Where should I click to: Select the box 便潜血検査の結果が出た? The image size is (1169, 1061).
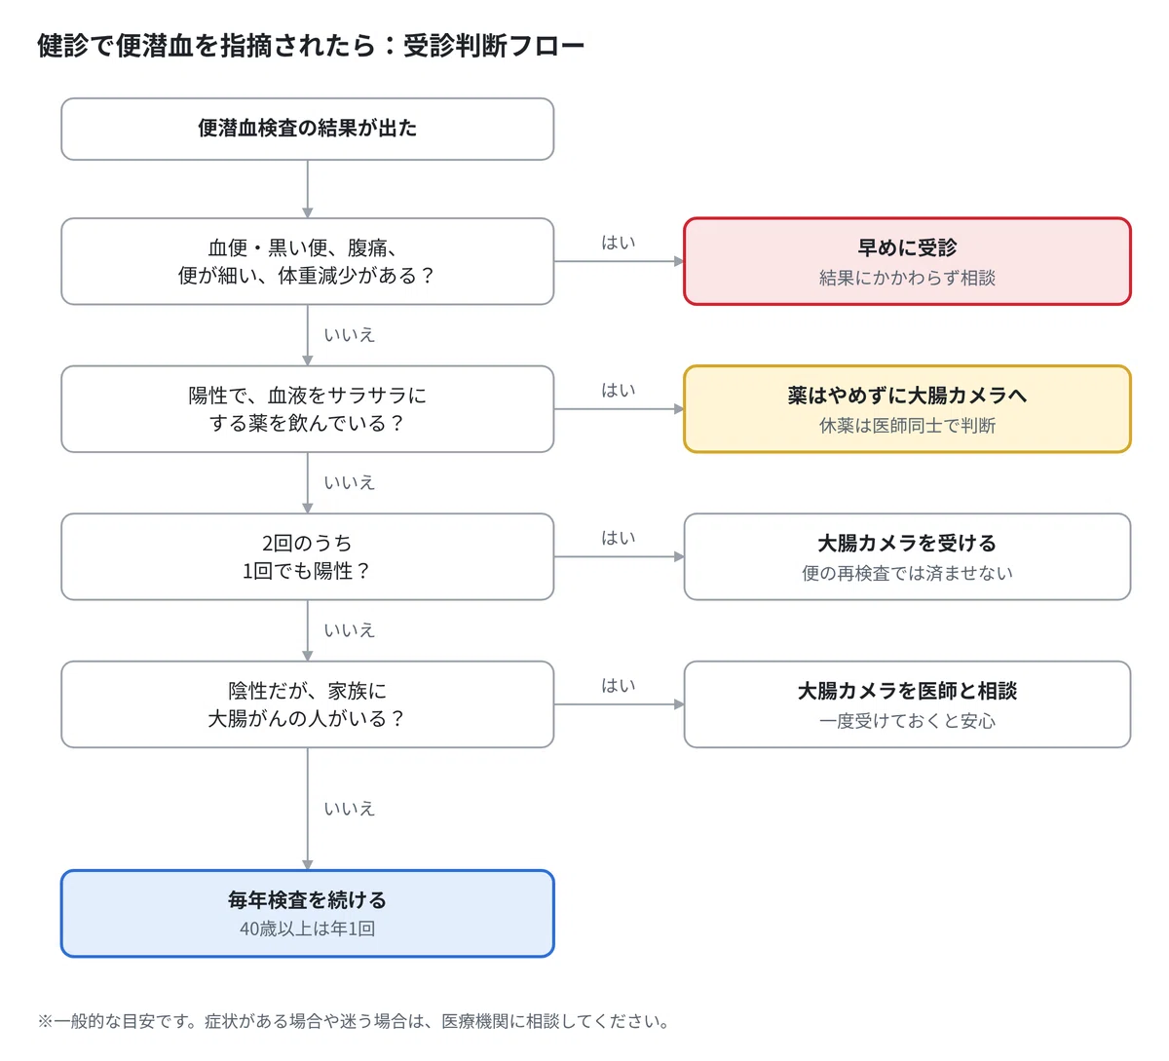[x=307, y=129]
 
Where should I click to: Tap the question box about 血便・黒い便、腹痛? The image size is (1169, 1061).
[x=307, y=261]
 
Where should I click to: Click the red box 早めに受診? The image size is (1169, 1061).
[x=907, y=261]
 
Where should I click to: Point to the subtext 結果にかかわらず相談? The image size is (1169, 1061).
[x=907, y=278]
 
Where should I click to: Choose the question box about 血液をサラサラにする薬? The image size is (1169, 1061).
[x=307, y=408]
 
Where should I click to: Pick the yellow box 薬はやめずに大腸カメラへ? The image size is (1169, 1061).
[x=907, y=408]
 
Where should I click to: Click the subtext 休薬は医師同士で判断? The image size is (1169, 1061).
[x=907, y=426]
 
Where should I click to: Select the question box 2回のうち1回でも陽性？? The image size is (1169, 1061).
[x=307, y=556]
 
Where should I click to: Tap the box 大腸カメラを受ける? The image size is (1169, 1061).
[x=907, y=556]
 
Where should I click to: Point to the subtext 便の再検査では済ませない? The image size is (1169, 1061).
[x=907, y=573]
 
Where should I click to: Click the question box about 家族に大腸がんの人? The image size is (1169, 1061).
[x=307, y=703]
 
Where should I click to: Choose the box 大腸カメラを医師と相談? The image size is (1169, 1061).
[x=907, y=703]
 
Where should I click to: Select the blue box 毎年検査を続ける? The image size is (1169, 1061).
[x=307, y=913]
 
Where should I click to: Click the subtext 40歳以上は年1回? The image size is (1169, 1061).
[x=307, y=928]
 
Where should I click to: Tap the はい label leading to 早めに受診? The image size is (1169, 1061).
[x=619, y=243]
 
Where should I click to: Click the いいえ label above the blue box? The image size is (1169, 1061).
[x=349, y=809]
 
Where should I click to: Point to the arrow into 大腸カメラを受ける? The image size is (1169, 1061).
[x=619, y=556]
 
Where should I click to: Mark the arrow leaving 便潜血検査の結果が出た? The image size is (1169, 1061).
[x=307, y=189]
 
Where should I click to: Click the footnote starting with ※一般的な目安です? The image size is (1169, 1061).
[x=354, y=1021]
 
